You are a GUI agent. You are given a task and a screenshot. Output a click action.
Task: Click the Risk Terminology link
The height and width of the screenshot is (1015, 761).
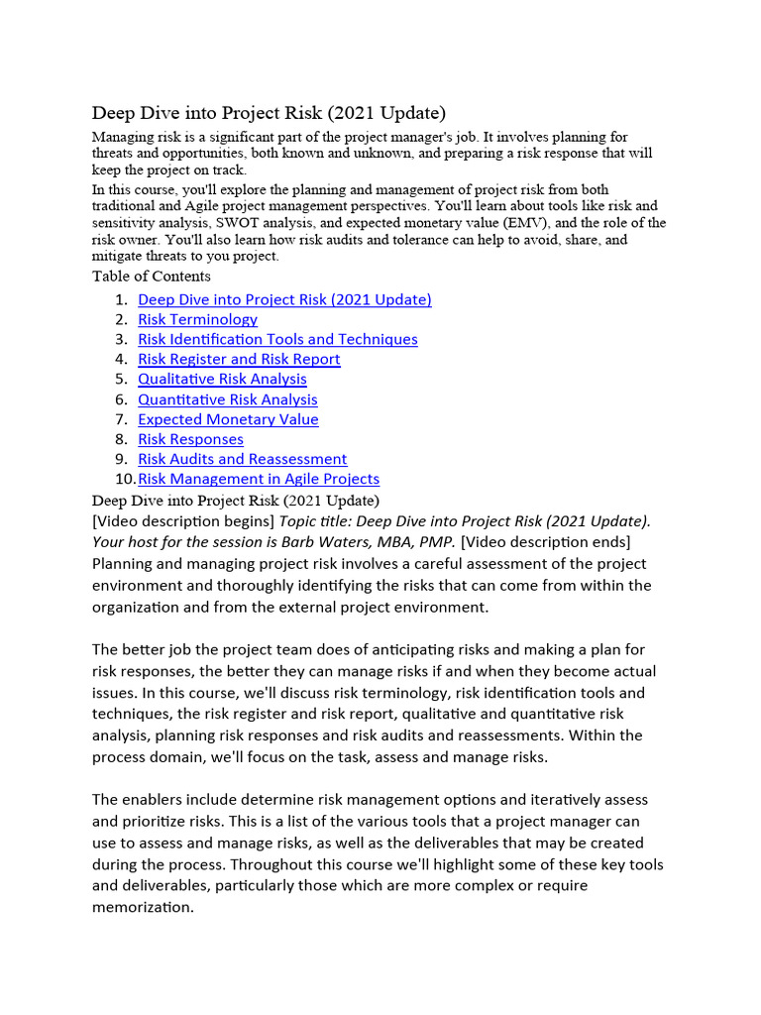pyautogui.click(x=197, y=319)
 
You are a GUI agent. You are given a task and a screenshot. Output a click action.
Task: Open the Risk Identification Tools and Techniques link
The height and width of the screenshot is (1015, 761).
pyautogui.click(x=277, y=339)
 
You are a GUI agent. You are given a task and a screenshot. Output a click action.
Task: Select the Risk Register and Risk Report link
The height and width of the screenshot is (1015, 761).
pyautogui.click(x=239, y=359)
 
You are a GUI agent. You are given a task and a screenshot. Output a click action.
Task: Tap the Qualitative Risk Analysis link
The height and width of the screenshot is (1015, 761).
pyautogui.click(x=222, y=379)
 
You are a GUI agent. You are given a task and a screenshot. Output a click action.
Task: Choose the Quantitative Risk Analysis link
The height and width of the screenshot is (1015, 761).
pyautogui.click(x=228, y=399)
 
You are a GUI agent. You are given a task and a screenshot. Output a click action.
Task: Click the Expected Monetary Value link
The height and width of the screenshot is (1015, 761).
pyautogui.click(x=228, y=419)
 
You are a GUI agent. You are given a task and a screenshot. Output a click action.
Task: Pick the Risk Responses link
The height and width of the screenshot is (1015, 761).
pyautogui.click(x=190, y=439)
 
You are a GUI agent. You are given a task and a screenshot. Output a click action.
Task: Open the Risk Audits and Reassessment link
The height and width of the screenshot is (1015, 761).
pyautogui.click(x=243, y=459)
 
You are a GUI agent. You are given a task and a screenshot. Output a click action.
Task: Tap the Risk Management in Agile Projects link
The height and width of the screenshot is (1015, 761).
pyautogui.click(x=259, y=479)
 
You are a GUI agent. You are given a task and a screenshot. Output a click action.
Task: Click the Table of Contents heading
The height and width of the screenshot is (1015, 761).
pyautogui.click(x=151, y=277)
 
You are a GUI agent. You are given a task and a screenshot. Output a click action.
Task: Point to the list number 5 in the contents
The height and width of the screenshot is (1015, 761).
pyautogui.click(x=120, y=379)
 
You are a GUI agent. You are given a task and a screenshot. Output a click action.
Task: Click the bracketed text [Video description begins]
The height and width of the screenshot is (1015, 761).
pyautogui.click(x=183, y=521)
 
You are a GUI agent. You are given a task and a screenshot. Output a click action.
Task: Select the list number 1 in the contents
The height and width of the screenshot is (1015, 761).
pyautogui.click(x=120, y=299)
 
